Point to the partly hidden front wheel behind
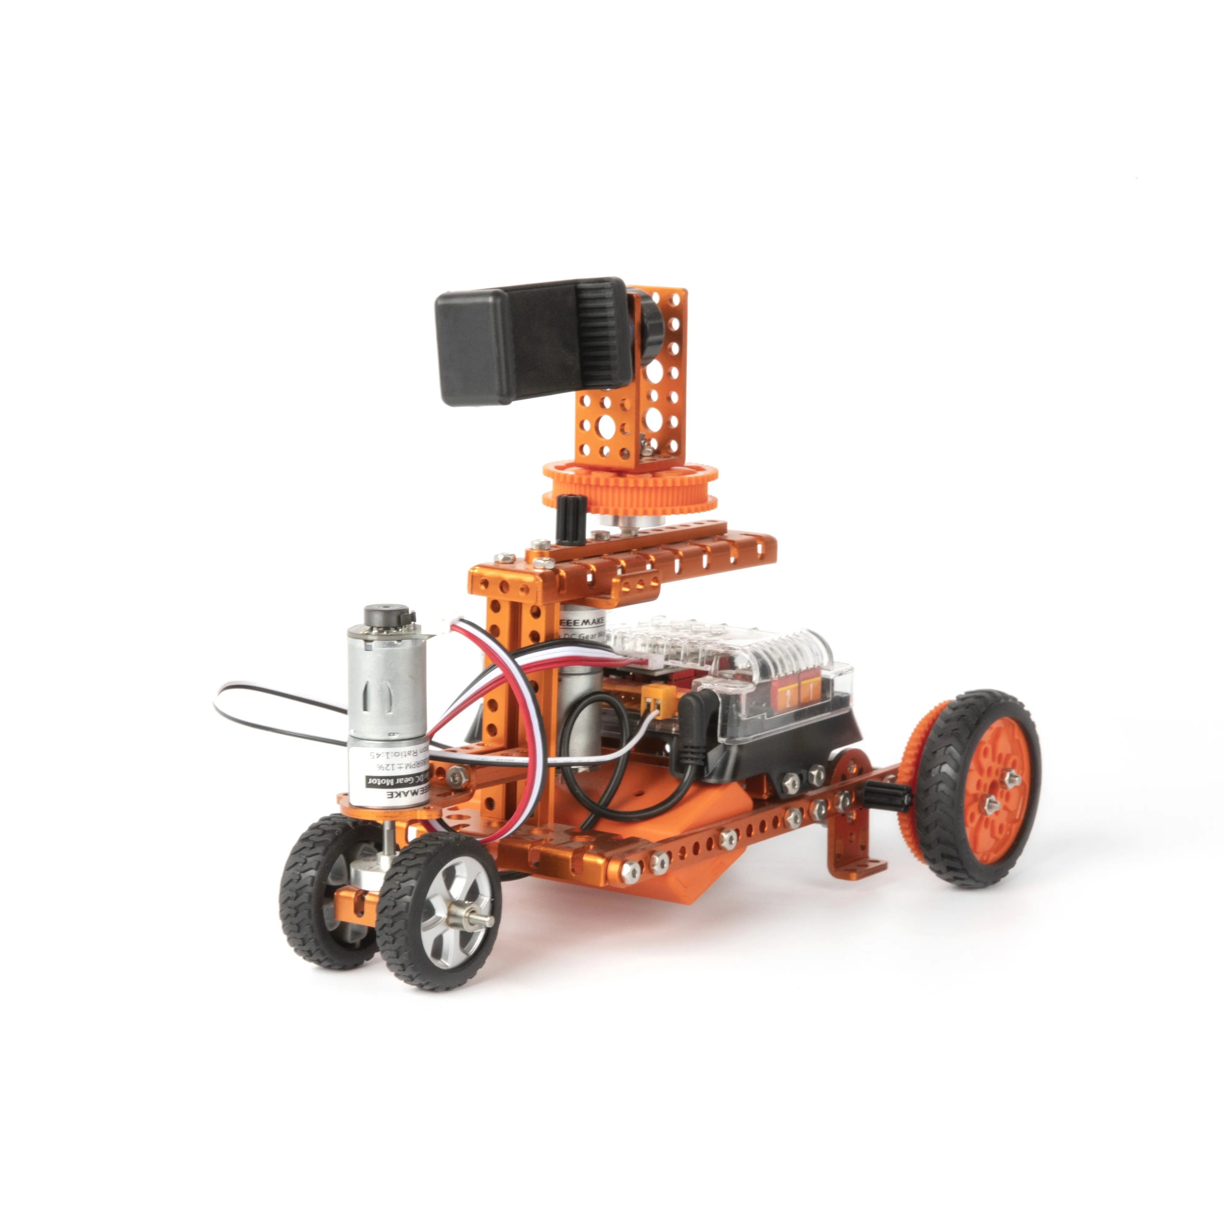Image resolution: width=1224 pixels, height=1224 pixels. click(317, 887)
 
